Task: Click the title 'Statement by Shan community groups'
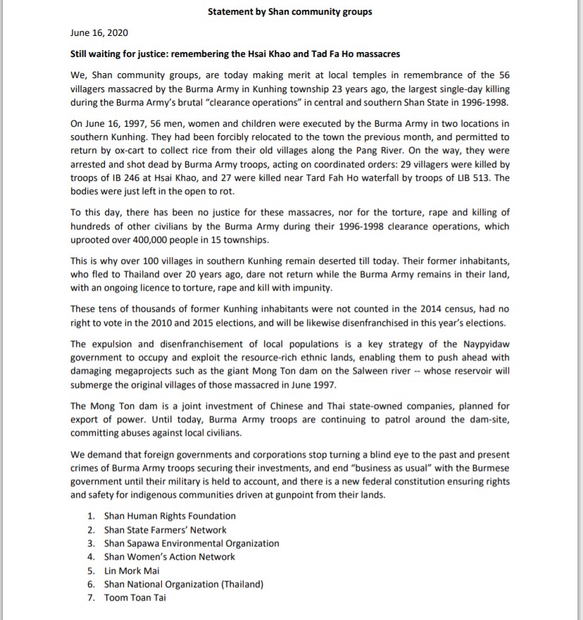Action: point(290,11)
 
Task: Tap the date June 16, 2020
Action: point(99,32)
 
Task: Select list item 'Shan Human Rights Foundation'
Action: point(170,516)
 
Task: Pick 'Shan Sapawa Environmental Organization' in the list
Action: point(192,543)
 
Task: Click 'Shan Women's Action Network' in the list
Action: point(170,557)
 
